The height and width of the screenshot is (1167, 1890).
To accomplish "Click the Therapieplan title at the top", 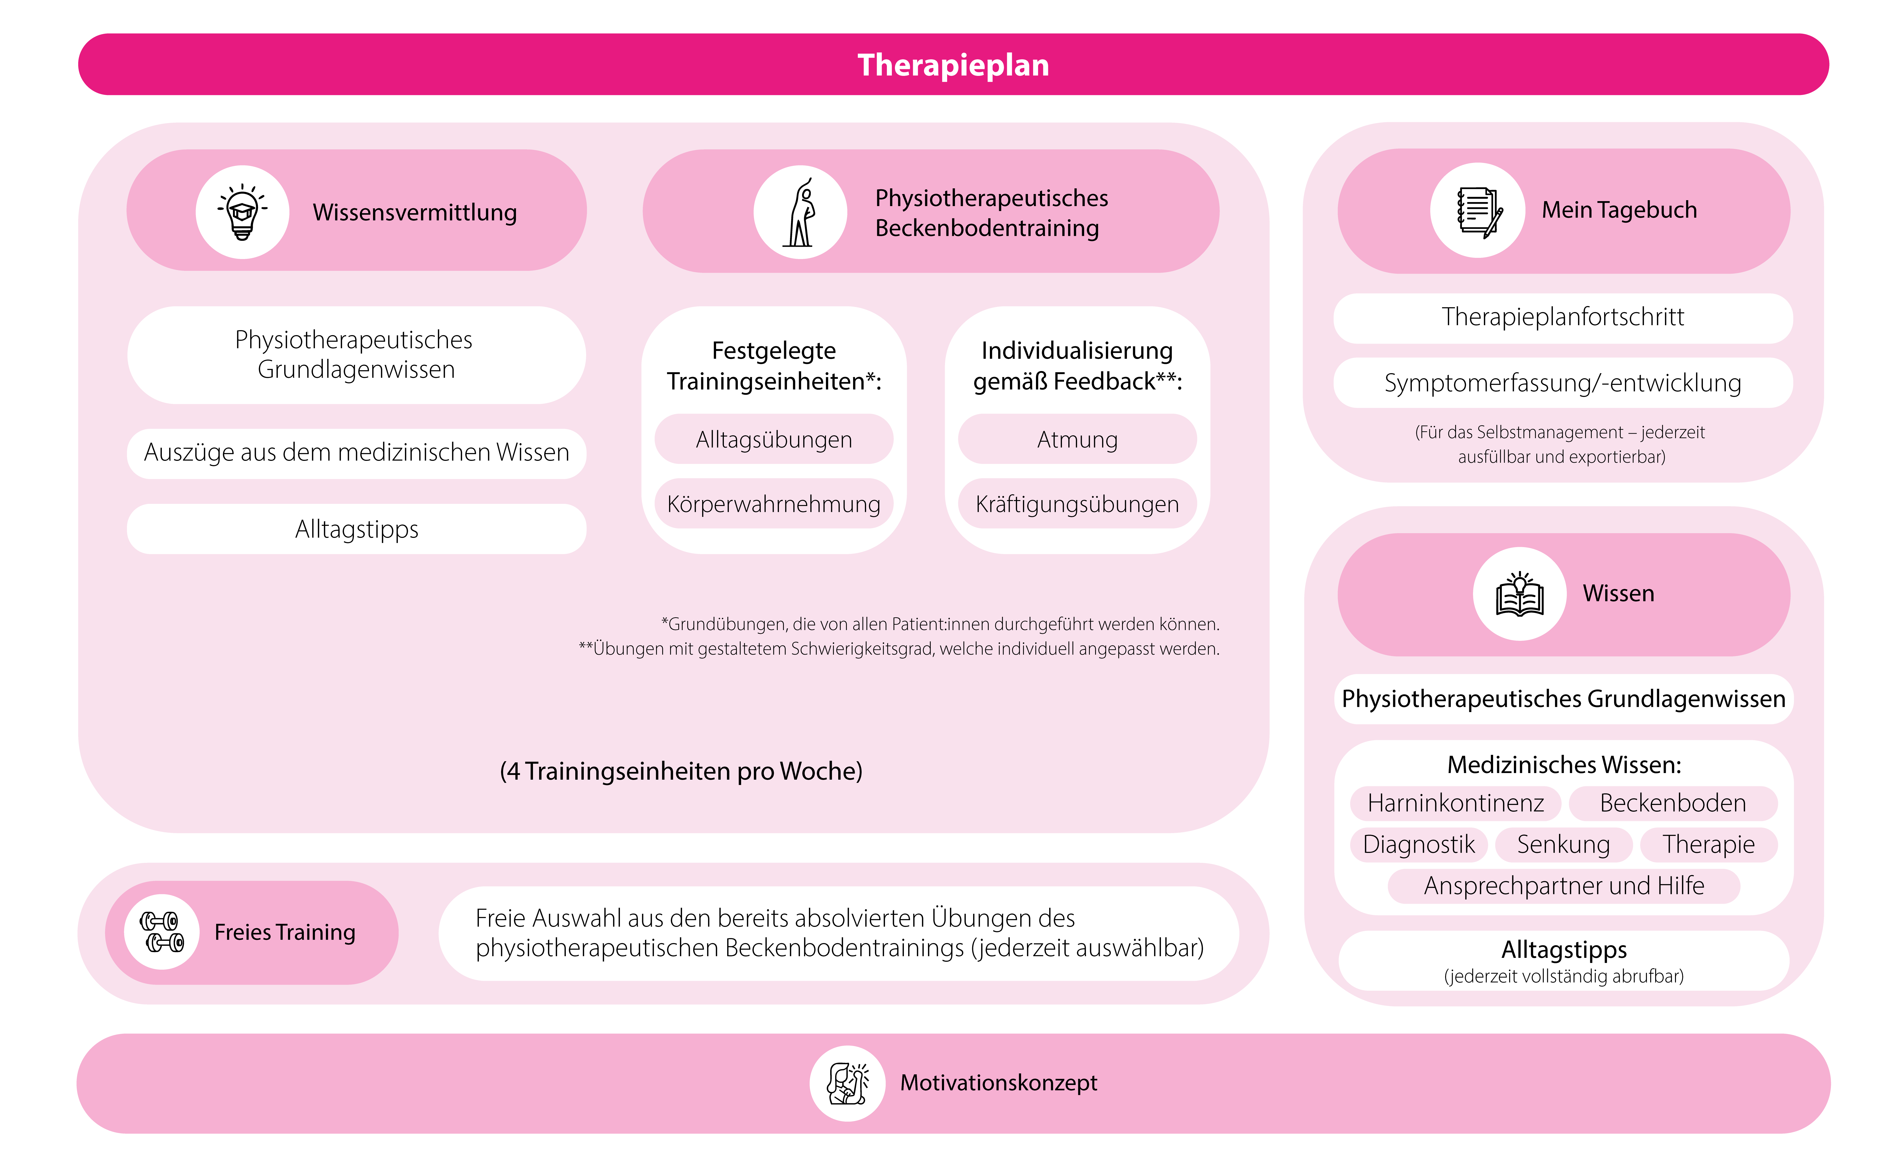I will (x=953, y=65).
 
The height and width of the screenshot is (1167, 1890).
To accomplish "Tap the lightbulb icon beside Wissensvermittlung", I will (x=242, y=212).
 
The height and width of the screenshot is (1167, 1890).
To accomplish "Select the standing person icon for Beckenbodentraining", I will (x=801, y=212).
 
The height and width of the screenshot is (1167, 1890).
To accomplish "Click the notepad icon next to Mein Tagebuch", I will (x=1477, y=210).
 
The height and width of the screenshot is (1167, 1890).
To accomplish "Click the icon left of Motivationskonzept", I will (x=847, y=1083).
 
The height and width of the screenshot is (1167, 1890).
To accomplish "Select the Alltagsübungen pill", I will (x=774, y=439).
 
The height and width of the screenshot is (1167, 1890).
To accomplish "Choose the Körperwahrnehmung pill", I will (x=774, y=504).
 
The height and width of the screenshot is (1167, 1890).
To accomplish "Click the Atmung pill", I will (x=1077, y=439).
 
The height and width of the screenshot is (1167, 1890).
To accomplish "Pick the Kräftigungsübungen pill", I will (x=1077, y=504).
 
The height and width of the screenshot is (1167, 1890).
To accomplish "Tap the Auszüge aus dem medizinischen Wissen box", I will (x=357, y=452).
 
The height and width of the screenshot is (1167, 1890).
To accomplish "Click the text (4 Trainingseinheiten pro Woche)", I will (x=680, y=771).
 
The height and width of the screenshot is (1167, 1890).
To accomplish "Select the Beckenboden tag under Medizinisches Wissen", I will (x=1672, y=803).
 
